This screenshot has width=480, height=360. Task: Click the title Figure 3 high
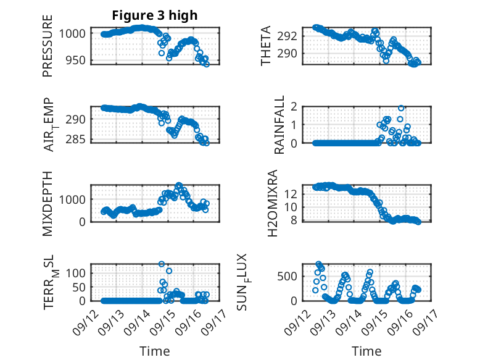(x=155, y=16)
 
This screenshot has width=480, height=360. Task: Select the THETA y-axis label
(x=266, y=46)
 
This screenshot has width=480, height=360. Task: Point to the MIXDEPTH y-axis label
(x=48, y=203)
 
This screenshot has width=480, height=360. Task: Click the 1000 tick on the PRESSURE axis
(x=75, y=33)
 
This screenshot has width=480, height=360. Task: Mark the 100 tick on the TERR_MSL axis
(x=78, y=272)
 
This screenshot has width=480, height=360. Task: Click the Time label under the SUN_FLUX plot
(x=366, y=351)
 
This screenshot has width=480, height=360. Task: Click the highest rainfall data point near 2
(x=401, y=108)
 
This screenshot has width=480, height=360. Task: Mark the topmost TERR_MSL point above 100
(x=162, y=264)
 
